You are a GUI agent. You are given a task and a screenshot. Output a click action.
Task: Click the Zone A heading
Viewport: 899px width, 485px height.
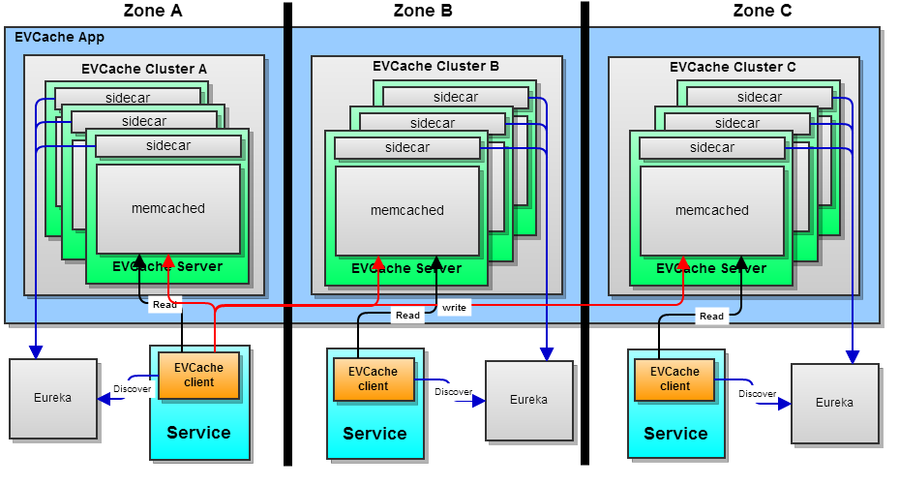(x=153, y=11)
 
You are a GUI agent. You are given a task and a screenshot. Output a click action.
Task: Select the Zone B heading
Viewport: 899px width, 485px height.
(x=423, y=11)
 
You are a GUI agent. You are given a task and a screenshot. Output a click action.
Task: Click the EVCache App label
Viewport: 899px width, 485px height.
(x=60, y=37)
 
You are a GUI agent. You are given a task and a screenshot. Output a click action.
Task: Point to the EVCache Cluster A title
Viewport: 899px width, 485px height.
(x=144, y=69)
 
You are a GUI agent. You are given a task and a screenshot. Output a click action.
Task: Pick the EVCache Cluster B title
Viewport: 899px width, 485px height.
(x=435, y=67)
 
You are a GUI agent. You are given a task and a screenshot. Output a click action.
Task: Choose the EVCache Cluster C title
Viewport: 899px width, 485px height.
(x=733, y=67)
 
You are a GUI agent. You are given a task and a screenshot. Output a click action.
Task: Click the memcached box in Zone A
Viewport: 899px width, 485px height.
(x=168, y=208)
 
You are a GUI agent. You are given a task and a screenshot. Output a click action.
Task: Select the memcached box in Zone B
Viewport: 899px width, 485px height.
(x=407, y=210)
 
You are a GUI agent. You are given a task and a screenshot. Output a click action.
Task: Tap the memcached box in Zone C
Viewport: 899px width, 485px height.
(x=712, y=210)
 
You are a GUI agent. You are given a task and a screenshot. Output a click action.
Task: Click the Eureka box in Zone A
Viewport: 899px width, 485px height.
(x=53, y=398)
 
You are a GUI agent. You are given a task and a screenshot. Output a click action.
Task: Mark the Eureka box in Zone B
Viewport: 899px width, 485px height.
(x=528, y=399)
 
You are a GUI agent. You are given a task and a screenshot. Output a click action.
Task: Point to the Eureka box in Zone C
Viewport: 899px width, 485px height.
(x=834, y=403)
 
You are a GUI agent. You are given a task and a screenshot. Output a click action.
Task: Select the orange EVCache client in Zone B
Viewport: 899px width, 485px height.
(x=374, y=379)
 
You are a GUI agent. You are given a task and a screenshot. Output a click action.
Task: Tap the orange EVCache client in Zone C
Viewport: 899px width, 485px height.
(x=675, y=379)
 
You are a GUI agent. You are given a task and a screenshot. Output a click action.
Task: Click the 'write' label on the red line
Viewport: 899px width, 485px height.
(x=454, y=308)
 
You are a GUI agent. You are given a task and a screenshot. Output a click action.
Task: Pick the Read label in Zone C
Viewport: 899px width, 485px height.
(x=711, y=317)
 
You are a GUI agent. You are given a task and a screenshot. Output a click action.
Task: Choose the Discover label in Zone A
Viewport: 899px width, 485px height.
(x=133, y=388)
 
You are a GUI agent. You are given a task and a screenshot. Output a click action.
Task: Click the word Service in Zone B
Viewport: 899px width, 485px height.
(x=375, y=433)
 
